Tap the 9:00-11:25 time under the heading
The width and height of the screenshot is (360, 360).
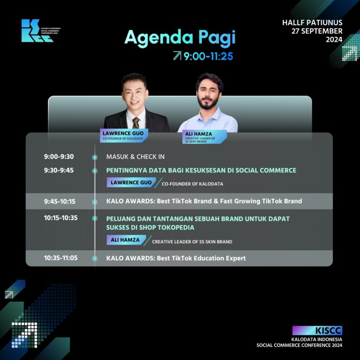coord(208,56)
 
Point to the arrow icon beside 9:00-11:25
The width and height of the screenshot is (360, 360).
coord(177,56)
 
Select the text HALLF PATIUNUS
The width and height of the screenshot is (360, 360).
coord(312,22)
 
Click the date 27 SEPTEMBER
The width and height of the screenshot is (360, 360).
coord(317,31)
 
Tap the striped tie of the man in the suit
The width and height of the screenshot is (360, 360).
coord(136,123)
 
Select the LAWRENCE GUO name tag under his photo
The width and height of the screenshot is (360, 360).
coord(124,135)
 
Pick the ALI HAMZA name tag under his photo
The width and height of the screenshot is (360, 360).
coord(204,137)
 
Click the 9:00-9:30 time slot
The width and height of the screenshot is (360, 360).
coord(59,157)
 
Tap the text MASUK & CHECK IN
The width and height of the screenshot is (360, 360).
coord(135,157)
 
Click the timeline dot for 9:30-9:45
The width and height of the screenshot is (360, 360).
coord(95,171)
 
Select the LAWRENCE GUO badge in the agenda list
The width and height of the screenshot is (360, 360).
coord(131,182)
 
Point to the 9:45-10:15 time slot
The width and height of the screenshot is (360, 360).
coord(60,202)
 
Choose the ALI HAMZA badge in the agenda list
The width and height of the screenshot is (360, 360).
coord(126,240)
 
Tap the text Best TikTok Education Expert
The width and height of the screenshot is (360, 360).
coord(202,258)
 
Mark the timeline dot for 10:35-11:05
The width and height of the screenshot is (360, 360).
coord(95,259)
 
